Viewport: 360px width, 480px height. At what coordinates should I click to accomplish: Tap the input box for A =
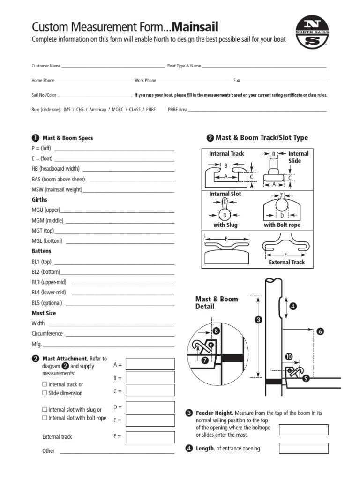[x=150, y=364]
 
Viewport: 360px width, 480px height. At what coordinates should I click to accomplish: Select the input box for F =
[x=150, y=436]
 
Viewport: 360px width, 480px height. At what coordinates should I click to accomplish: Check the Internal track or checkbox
[x=45, y=384]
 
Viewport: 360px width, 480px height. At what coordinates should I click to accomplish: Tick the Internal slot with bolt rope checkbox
[x=45, y=418]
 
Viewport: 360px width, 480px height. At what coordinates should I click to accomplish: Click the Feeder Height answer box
[x=303, y=430]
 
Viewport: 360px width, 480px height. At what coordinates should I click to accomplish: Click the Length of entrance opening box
[x=303, y=448]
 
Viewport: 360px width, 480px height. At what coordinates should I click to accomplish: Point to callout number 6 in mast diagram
[x=320, y=331]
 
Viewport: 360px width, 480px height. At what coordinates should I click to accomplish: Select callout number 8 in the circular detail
[x=216, y=331]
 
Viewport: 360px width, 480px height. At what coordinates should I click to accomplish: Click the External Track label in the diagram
[x=286, y=262]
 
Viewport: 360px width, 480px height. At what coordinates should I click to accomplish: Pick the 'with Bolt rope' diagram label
[x=282, y=225]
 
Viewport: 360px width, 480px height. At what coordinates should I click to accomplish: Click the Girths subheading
[x=39, y=200]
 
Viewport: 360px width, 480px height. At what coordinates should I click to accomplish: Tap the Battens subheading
[x=41, y=251]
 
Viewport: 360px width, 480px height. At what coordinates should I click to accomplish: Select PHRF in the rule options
[x=150, y=109]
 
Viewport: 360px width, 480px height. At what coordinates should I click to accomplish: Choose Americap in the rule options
[x=97, y=109]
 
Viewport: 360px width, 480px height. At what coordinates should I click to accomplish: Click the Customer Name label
[x=46, y=66]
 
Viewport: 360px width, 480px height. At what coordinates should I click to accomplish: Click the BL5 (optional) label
[x=47, y=303]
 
